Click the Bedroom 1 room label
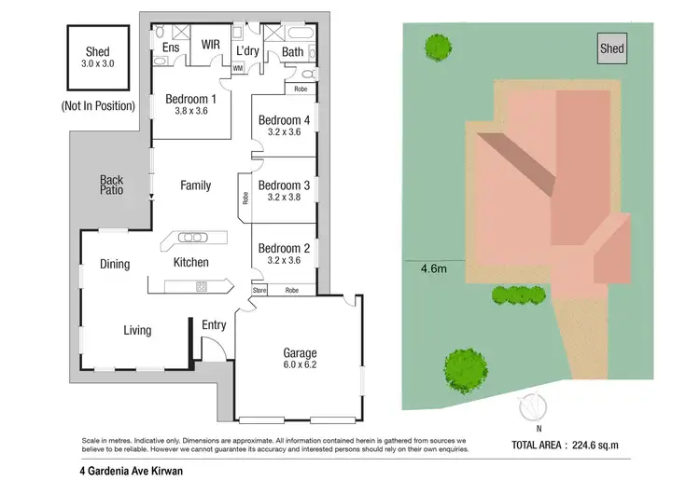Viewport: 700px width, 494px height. pos(190,99)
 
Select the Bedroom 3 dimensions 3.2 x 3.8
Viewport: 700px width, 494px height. pos(284,198)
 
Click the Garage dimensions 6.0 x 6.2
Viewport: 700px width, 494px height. pos(300,366)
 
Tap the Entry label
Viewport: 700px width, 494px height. pos(214,324)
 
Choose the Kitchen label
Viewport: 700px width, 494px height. pos(191,263)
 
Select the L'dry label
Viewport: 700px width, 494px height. pos(247,51)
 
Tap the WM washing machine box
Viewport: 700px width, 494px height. pos(237,68)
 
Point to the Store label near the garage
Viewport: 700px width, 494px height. pos(259,291)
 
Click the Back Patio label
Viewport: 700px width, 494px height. pos(112,185)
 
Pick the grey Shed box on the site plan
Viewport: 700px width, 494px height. pos(611,48)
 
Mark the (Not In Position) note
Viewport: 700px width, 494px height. pos(96,106)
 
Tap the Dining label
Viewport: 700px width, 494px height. pos(115,265)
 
